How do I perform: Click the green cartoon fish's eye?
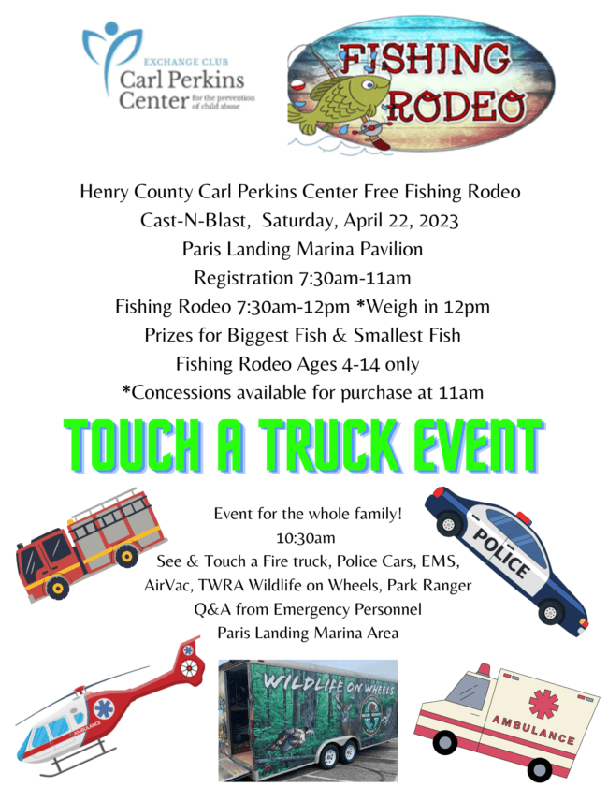[369, 84]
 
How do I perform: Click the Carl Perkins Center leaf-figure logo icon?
[110, 56]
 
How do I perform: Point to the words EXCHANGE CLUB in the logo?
[186, 62]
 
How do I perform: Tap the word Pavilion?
[391, 249]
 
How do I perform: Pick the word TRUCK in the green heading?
[328, 445]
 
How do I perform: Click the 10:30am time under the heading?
[305, 538]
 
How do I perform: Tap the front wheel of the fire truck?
[57, 588]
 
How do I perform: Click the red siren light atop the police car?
[524, 517]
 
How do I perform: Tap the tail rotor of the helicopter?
[189, 666]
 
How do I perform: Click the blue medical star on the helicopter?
[104, 708]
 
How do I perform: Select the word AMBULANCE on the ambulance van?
[533, 730]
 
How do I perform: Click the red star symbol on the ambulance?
[543, 703]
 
